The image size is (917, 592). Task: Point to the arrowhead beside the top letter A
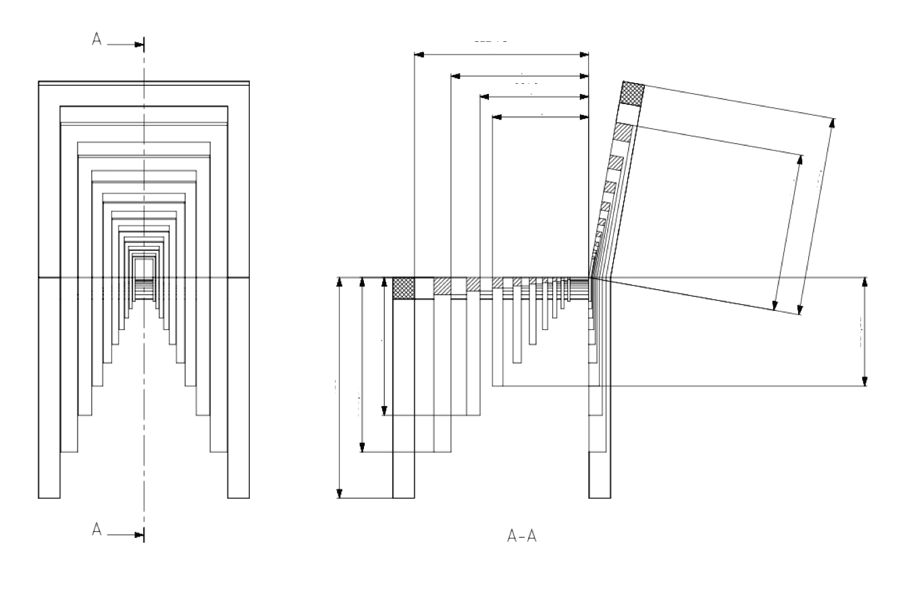pos(139,45)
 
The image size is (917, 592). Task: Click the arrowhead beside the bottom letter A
pos(139,535)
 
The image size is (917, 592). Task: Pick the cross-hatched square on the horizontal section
pos(403,287)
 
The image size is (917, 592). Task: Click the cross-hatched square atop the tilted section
pos(632,93)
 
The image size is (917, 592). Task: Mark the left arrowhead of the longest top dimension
pos(419,53)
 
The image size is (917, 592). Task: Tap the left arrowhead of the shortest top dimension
pos(497,117)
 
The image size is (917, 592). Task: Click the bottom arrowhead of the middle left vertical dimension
pos(363,447)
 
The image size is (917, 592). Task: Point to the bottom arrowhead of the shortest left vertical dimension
pos(384,410)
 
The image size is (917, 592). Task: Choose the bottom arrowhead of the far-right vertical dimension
pos(865,381)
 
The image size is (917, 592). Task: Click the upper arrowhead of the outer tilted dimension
pos(833,123)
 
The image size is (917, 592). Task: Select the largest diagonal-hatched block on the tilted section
pos(623,132)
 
